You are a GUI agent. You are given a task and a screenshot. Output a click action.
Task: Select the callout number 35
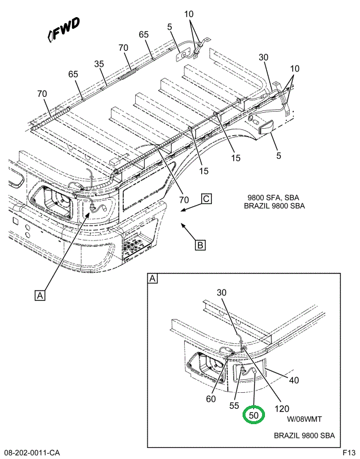[99, 64]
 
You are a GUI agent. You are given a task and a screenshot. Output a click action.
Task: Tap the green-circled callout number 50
[254, 415]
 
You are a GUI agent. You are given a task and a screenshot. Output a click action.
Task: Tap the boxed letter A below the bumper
[40, 295]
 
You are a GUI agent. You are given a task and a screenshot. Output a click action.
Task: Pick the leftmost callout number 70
[42, 93]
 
